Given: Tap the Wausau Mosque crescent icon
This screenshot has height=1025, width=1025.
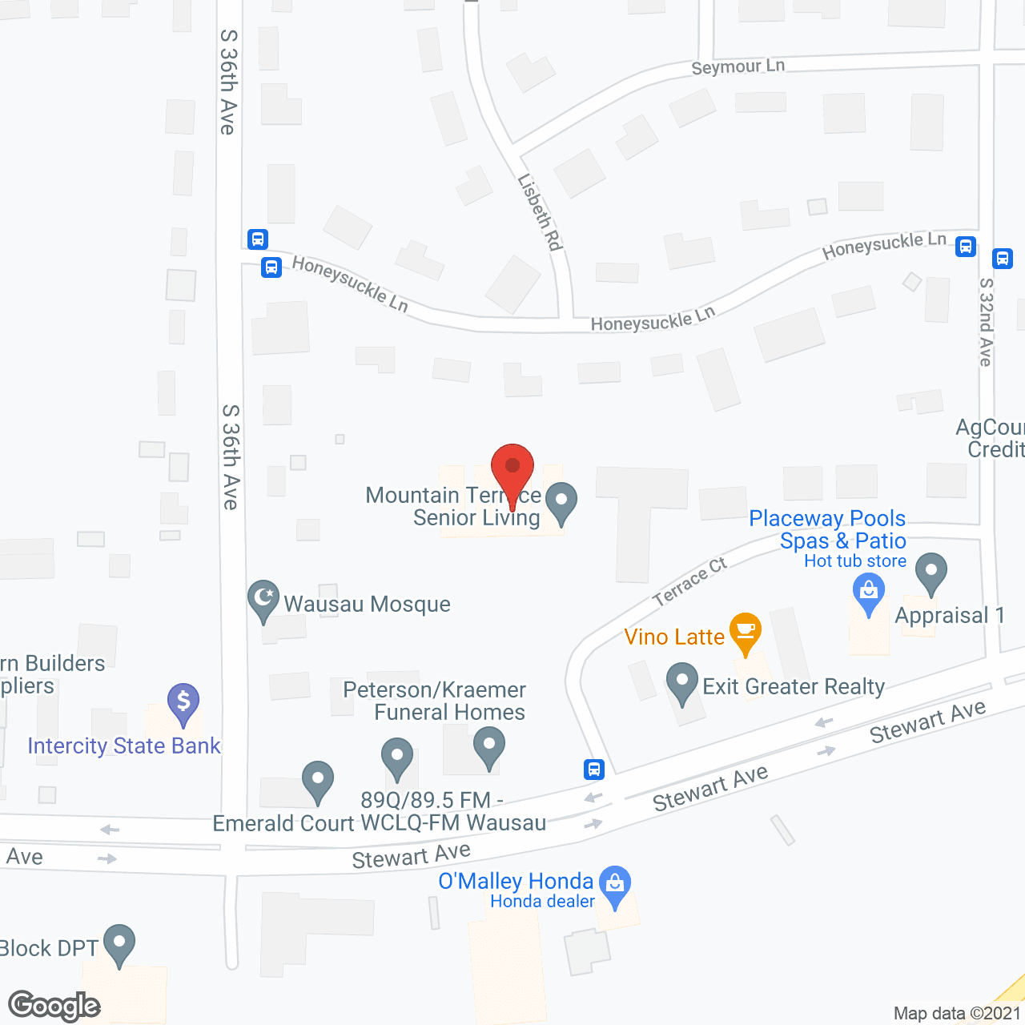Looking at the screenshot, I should point(263,599).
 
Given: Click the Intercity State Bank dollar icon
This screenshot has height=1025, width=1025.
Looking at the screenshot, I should point(183,702).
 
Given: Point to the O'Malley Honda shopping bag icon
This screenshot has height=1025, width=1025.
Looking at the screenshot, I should point(615,884).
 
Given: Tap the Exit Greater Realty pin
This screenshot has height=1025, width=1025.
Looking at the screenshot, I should point(682,682).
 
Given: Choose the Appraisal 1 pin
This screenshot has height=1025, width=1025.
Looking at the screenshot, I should point(931,572).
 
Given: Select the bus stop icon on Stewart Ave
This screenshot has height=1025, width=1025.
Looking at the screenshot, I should point(594,770).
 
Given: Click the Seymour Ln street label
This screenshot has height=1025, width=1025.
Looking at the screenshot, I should point(738,67).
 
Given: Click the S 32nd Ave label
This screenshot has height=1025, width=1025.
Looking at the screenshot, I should point(986,322).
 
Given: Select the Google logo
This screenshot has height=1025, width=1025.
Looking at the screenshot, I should point(54,1005).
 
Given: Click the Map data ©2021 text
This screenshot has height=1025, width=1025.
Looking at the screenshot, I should point(957,1014).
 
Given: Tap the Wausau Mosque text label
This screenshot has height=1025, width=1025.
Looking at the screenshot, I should point(367,604).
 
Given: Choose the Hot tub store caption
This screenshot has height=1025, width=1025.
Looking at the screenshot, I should point(855,561).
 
